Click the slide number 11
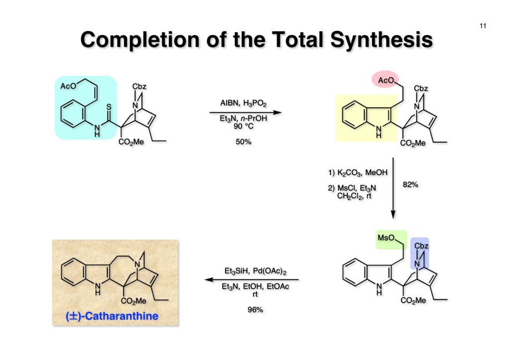coord(483,26)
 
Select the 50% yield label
coord(243,142)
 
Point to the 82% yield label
coord(411,184)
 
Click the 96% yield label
coord(255,309)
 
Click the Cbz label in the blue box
coord(421,246)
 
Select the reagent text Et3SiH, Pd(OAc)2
coord(254,271)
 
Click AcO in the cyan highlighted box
coord(68,86)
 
